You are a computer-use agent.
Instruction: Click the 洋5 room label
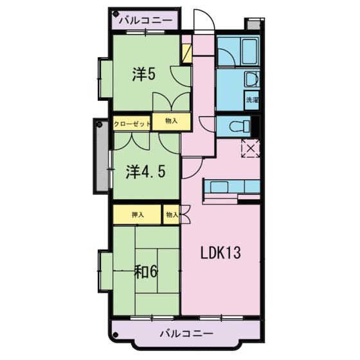click(x=144, y=75)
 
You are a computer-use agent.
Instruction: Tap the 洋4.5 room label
click(x=143, y=171)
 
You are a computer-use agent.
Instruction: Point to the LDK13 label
click(x=221, y=253)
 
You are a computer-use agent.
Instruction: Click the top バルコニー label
click(x=145, y=20)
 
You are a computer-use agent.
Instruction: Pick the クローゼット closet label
click(x=132, y=122)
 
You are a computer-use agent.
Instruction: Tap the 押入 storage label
click(x=137, y=214)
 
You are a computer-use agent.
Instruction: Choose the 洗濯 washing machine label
click(x=253, y=100)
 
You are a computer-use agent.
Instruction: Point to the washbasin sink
click(x=251, y=80)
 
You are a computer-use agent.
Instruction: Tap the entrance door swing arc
click(x=204, y=20)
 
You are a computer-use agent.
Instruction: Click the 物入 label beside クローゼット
click(x=171, y=120)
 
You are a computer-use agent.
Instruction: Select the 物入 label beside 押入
click(x=171, y=214)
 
